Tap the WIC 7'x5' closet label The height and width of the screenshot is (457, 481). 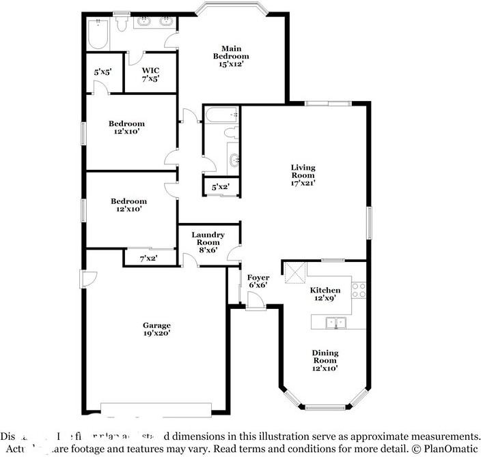coord(150,74)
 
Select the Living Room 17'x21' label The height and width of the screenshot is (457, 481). coord(303,175)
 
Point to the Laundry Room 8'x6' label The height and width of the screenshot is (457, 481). coord(208,242)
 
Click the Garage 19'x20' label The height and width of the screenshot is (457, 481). coord(156,329)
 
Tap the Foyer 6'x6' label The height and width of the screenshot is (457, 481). coord(258,281)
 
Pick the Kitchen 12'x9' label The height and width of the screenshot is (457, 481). coord(325,294)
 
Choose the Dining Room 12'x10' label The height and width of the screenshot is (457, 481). coord(325,360)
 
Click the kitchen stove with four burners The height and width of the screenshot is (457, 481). coord(359,291)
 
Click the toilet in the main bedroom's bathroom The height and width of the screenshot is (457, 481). coord(121,24)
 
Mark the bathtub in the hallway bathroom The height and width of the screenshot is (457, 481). coord(220,115)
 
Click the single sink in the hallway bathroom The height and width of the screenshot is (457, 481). coord(234,161)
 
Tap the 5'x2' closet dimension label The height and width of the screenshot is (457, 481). coord(220,187)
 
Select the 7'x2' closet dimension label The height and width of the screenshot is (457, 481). coord(148,259)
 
